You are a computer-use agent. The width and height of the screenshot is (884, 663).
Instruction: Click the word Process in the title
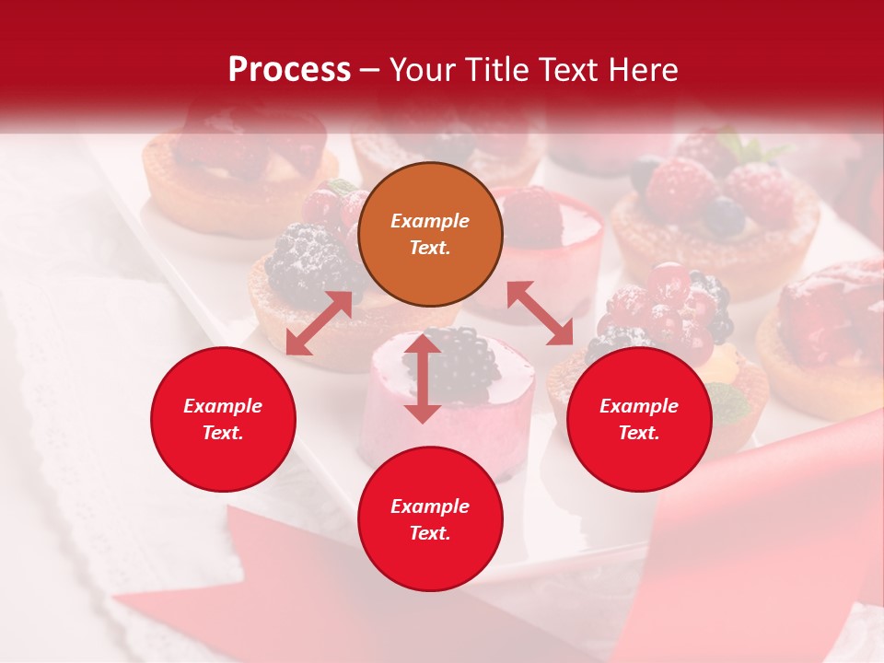coord(289,70)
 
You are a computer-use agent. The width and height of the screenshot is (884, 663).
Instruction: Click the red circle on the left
coord(223,419)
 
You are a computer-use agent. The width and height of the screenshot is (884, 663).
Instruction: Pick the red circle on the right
coord(639,419)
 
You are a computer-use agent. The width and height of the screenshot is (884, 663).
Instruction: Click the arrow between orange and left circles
coord(319,323)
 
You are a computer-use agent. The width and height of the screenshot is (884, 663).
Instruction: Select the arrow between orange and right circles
coord(540,313)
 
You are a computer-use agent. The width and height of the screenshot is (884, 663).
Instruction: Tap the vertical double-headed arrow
coord(422,378)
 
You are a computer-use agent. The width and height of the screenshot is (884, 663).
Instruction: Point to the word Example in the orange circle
coord(430,221)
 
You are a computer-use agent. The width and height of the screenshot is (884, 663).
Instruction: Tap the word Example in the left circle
coord(223,406)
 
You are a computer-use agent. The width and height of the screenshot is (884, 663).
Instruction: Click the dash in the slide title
coord(370,71)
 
